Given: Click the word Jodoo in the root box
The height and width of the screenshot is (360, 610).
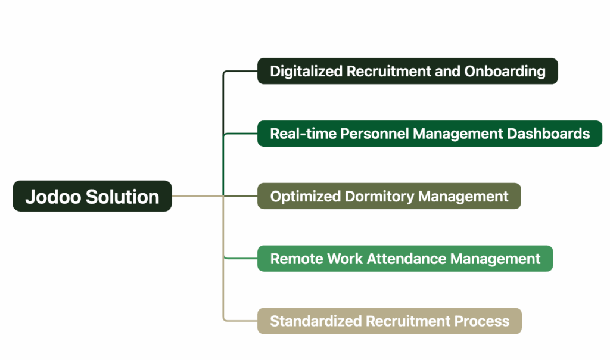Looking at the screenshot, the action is point(54,197).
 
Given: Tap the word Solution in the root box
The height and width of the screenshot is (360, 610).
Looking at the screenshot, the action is point(123,197).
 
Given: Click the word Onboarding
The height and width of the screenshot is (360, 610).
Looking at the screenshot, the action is point(505,71).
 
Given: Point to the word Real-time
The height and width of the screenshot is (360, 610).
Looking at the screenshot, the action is point(303,134).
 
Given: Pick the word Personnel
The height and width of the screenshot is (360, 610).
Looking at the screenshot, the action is point(375,134).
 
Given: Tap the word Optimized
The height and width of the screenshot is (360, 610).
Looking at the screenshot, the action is point(306,197).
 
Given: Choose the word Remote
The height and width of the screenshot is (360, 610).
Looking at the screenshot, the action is point(297,259).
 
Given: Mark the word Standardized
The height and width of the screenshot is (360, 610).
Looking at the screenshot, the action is point(316,321).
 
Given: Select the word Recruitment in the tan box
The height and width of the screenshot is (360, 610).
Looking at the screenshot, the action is point(407,321).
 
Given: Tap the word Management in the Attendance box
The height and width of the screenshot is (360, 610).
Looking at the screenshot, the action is point(495,259).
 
